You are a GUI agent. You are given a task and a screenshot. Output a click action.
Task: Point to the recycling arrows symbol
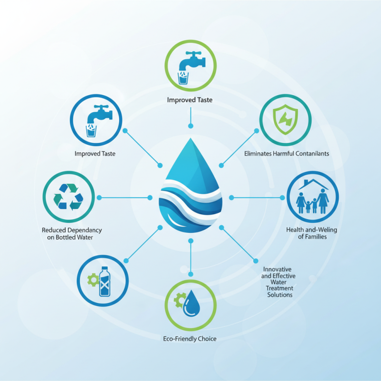click(x=68, y=197)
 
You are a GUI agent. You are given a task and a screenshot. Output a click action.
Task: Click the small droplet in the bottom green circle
click(x=192, y=303)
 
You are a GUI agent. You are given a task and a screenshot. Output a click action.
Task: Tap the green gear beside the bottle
click(x=92, y=279)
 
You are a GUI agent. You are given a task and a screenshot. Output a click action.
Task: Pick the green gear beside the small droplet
click(x=180, y=300)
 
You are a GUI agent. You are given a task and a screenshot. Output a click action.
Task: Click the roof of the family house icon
click(x=313, y=182)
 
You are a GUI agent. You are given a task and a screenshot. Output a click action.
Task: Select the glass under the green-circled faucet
click(x=184, y=78)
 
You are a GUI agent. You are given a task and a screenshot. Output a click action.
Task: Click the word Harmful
click(x=285, y=154)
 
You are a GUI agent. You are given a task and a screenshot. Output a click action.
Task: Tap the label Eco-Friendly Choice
click(x=190, y=339)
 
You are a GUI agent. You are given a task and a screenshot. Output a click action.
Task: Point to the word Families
click(x=315, y=237)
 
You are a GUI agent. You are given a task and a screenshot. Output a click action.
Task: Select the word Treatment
click(x=280, y=289)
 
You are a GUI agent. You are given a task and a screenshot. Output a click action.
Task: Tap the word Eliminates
click(x=258, y=154)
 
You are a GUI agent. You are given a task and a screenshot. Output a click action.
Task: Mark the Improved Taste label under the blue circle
click(x=95, y=154)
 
